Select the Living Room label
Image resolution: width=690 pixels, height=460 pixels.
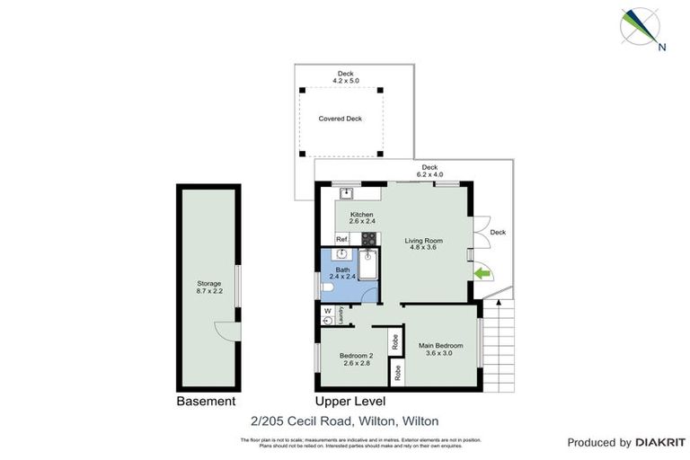coord(424,240)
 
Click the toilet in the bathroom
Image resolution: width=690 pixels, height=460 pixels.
coord(327,288)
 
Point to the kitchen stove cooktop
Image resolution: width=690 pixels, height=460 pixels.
coord(368,239)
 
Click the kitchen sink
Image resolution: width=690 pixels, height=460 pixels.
coord(345,192)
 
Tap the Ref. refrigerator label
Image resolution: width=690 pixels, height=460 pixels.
coord(341,240)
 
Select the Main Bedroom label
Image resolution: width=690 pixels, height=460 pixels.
coord(440,346)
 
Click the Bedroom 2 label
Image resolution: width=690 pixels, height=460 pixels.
coord(355,356)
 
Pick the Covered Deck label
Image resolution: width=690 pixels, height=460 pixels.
coord(340,119)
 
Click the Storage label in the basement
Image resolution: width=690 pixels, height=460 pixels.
coord(208,283)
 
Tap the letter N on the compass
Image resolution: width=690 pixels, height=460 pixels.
coord(662,48)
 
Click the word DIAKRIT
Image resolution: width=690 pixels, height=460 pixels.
coord(660,443)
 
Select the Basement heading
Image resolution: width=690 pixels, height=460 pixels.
coord(206,402)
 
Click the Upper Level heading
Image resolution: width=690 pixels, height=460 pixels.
coord(349,402)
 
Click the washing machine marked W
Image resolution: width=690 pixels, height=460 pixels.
coord(327,311)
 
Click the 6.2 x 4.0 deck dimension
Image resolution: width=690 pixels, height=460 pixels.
coord(429,174)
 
